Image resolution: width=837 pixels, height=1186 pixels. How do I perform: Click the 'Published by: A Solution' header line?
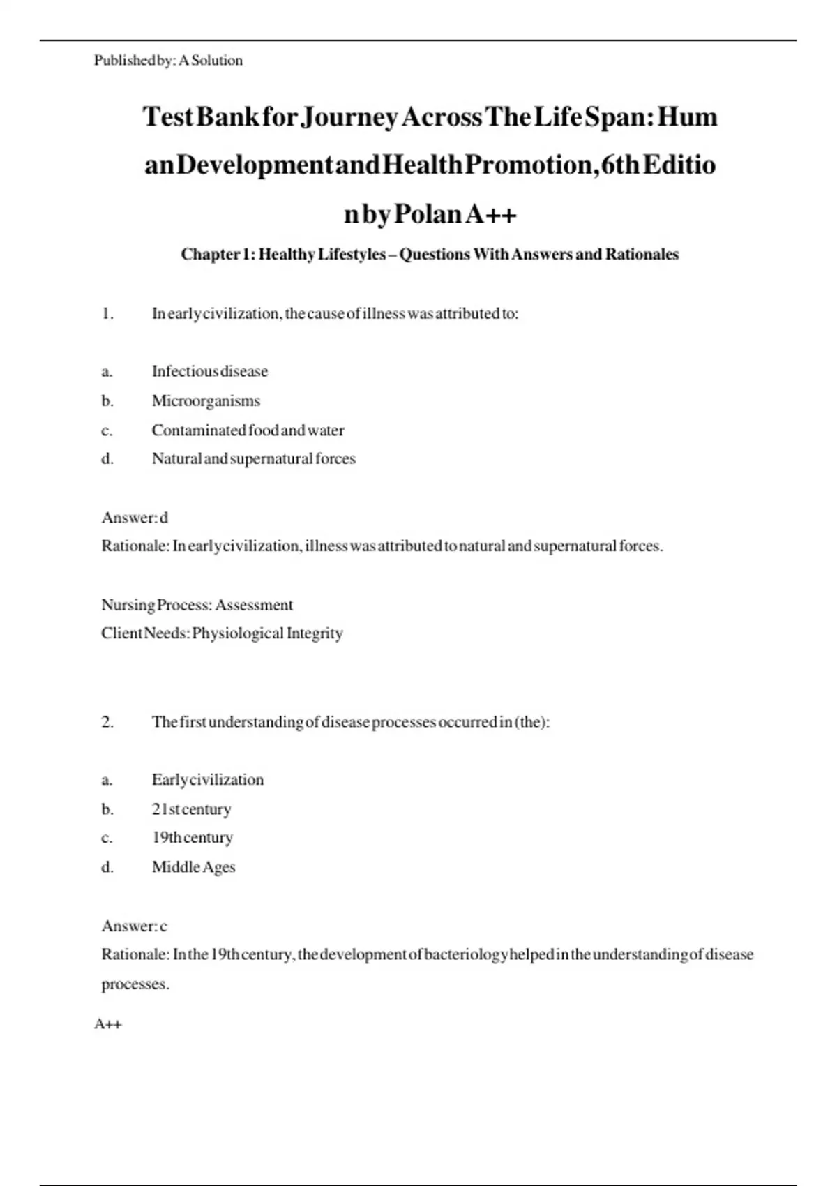click(x=168, y=61)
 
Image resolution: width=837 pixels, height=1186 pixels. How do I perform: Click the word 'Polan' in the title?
click(x=428, y=214)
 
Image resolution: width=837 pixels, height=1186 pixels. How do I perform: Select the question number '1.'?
click(x=107, y=314)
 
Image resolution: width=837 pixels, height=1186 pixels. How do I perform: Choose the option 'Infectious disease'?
click(x=209, y=371)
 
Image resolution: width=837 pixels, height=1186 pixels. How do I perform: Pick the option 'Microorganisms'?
click(x=206, y=401)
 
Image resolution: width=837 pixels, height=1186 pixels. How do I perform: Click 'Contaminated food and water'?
click(x=248, y=430)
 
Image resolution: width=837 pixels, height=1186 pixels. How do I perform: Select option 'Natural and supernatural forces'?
click(x=253, y=459)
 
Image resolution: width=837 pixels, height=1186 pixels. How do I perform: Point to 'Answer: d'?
click(x=135, y=518)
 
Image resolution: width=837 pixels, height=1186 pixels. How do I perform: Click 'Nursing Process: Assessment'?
click(x=197, y=605)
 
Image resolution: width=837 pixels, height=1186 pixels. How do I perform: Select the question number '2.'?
click(x=107, y=722)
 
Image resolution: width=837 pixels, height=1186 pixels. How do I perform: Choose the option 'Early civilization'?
click(x=208, y=780)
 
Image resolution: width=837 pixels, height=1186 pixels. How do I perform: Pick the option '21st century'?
click(x=191, y=809)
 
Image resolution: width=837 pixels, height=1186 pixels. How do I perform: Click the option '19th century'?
click(x=192, y=838)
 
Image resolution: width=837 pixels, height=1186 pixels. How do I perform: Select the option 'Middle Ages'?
click(x=193, y=867)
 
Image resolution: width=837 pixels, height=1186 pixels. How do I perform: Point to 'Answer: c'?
click(x=135, y=926)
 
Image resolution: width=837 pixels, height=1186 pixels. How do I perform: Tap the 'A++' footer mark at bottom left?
click(x=108, y=1024)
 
